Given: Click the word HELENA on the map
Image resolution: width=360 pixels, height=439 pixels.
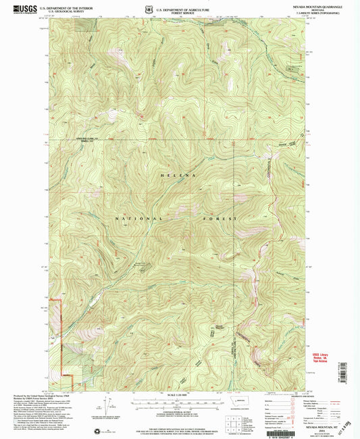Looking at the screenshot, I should [x=180, y=174].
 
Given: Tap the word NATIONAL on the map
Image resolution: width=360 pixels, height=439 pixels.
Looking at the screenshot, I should [x=138, y=219].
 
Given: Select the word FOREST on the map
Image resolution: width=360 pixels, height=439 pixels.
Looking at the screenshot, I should [x=220, y=219].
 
